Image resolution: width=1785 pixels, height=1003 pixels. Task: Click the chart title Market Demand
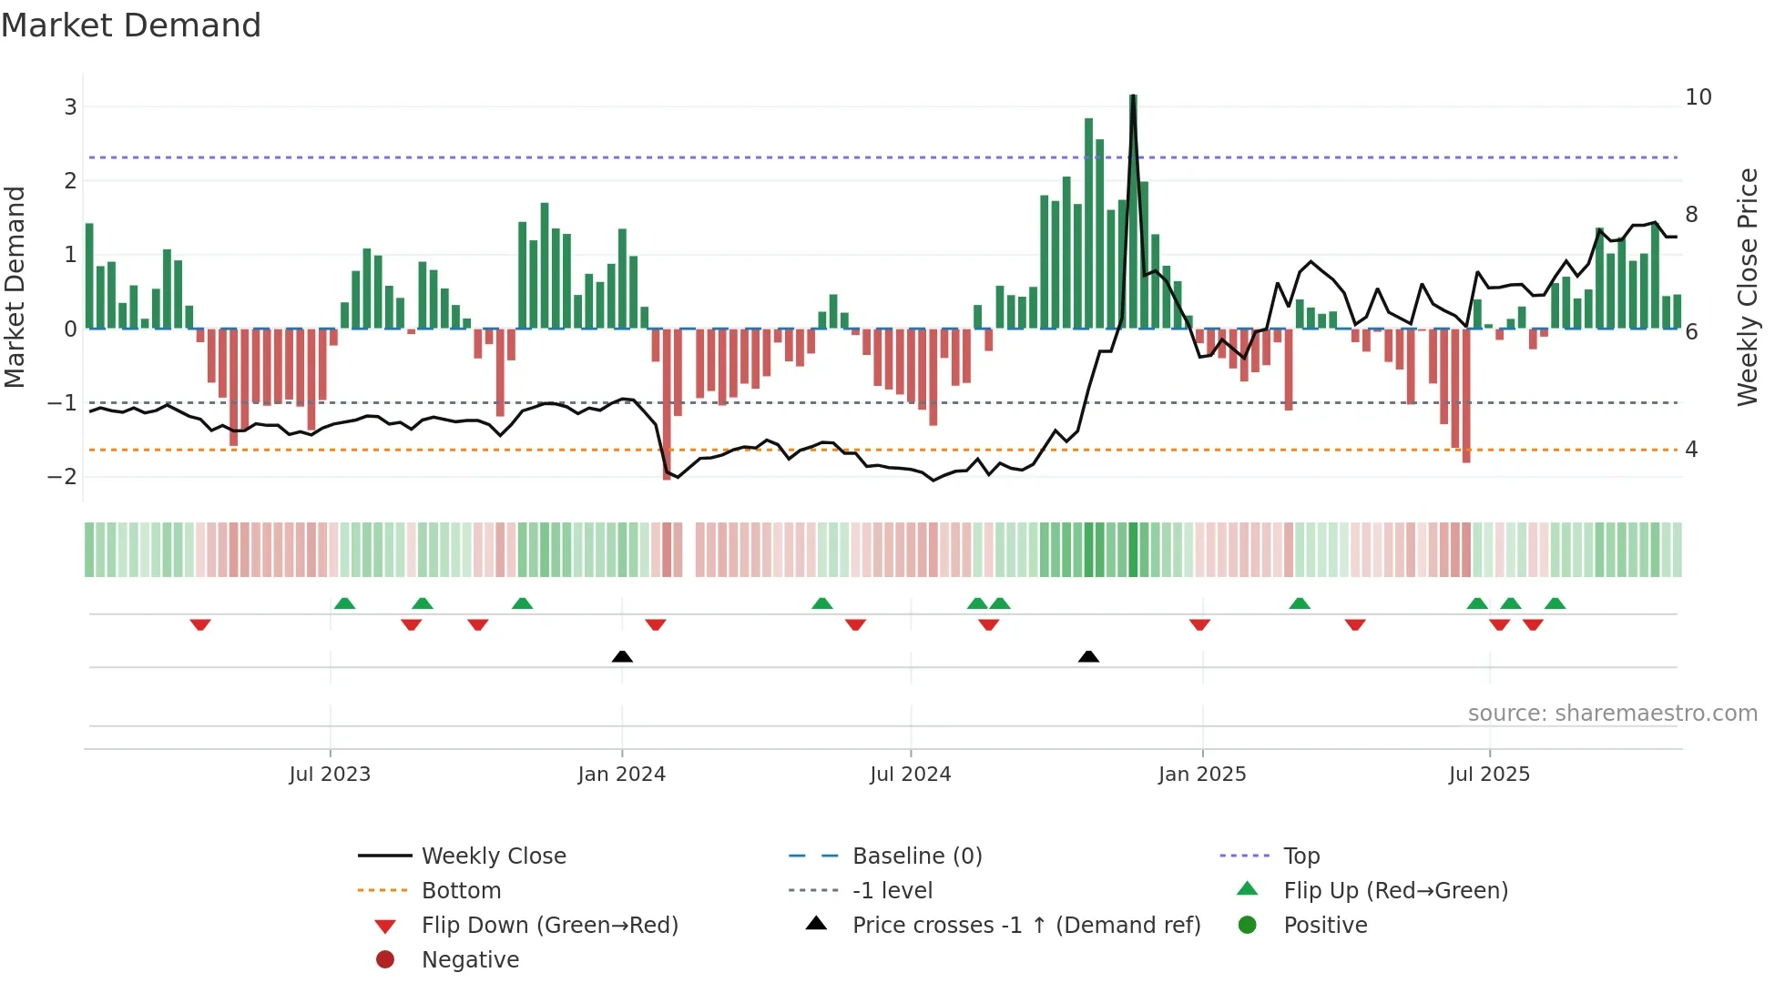[x=131, y=25]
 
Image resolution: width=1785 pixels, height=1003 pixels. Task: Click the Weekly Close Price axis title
[x=1747, y=287]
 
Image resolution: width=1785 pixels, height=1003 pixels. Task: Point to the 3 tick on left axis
[x=70, y=107]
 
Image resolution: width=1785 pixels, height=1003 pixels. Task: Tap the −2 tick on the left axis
[x=63, y=477]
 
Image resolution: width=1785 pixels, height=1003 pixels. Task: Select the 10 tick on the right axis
[x=1698, y=97]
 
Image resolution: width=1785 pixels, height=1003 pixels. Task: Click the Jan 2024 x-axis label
[x=621, y=775]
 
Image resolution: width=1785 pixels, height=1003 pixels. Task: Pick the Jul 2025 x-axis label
[x=1489, y=775]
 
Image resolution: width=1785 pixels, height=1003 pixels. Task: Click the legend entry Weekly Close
[x=493, y=856]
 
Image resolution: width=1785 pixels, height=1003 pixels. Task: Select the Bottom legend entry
[x=461, y=891]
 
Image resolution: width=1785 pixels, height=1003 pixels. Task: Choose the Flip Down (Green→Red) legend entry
[x=549, y=926]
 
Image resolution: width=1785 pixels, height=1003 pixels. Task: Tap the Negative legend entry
[x=470, y=960]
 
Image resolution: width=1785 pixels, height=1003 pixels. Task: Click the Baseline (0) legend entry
[x=916, y=856]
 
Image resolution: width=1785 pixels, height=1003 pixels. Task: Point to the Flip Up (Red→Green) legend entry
[x=1395, y=891]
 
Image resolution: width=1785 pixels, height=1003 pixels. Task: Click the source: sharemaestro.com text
[x=1612, y=714]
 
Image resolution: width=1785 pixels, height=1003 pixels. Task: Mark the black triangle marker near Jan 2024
[x=622, y=656]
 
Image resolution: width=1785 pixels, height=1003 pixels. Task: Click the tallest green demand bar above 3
[x=1133, y=209]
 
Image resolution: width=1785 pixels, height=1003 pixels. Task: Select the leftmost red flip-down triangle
[x=200, y=624]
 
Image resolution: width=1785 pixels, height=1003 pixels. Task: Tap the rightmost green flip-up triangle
[x=1555, y=603]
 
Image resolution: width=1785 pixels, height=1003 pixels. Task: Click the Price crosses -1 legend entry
[x=1025, y=926]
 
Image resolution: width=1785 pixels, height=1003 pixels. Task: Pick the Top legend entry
[x=1300, y=856]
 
